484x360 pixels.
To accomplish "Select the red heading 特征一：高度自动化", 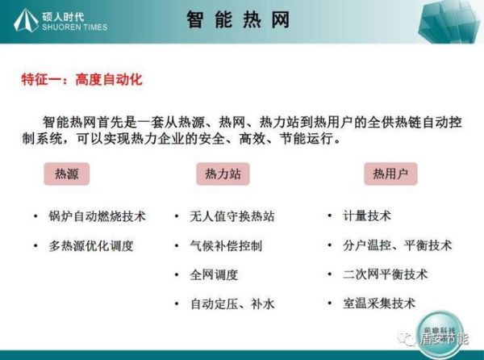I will [x=81, y=81].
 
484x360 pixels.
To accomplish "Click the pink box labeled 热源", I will [x=66, y=174].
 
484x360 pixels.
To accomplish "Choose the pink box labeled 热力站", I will [x=223, y=174].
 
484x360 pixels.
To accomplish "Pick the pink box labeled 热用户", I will [x=390, y=174].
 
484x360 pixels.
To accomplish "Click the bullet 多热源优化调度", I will [x=90, y=245].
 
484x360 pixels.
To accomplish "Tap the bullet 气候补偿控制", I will [x=226, y=245].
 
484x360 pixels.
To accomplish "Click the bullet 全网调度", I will [x=214, y=274].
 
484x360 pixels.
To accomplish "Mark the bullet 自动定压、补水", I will [x=232, y=303].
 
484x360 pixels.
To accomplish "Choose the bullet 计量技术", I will [x=368, y=216].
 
